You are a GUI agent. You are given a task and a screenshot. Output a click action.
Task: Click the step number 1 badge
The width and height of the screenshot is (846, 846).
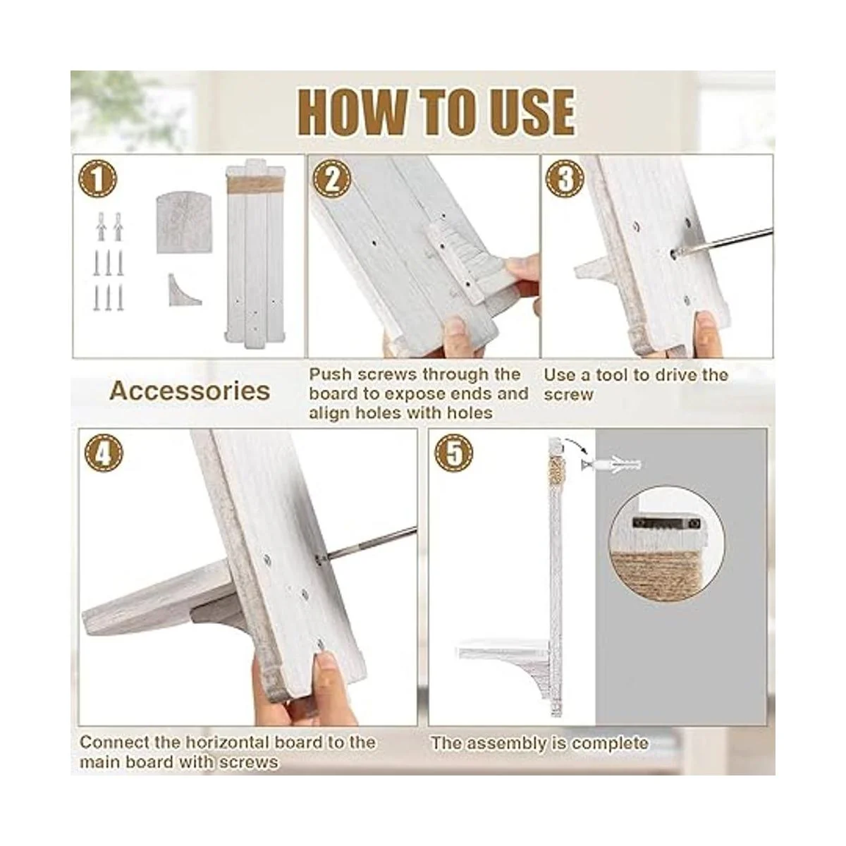(x=97, y=180)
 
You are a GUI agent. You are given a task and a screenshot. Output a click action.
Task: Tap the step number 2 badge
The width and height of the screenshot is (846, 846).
(x=332, y=180)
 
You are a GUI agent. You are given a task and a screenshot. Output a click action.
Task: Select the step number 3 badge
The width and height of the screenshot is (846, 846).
(x=565, y=180)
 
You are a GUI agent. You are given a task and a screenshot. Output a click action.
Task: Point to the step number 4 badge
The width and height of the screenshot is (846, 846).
(x=104, y=453)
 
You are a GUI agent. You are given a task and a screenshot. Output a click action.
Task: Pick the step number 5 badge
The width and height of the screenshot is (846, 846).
(x=453, y=453)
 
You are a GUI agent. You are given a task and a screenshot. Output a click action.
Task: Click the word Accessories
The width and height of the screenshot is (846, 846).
(x=190, y=391)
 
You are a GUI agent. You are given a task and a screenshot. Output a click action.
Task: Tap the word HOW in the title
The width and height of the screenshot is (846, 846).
(x=351, y=112)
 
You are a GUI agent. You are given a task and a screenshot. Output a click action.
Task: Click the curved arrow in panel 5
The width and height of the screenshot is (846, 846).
(x=576, y=445)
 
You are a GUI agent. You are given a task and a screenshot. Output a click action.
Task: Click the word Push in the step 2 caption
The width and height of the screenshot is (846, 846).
(x=330, y=374)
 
